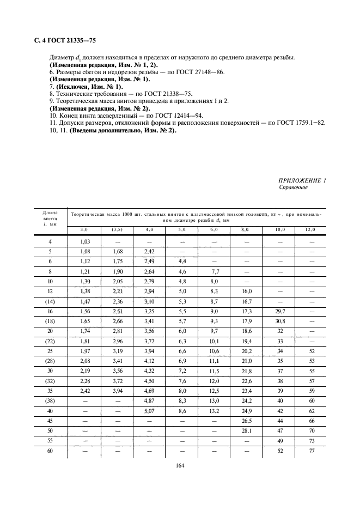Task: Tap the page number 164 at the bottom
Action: coord(180,466)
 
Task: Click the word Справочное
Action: coord(293,187)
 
